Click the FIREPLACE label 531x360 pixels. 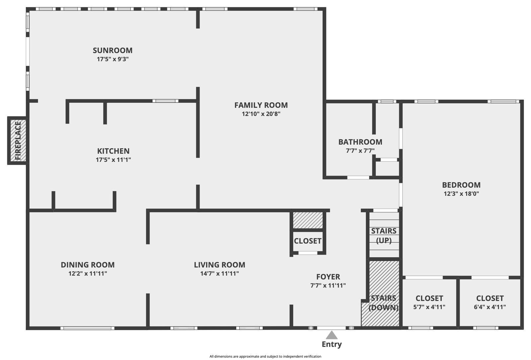pos(18,140)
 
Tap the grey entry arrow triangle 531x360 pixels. pos(331,335)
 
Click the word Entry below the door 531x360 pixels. pos(331,344)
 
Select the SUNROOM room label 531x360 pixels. pos(113,50)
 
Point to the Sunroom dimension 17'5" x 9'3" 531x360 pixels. pos(113,59)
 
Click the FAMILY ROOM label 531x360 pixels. pos(261,105)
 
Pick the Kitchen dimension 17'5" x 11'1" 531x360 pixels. pos(113,160)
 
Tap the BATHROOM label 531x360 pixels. pos(360,142)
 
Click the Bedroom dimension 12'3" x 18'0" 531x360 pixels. pos(461,194)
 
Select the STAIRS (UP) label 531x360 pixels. pos(384,235)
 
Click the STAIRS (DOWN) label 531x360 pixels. pos(383,303)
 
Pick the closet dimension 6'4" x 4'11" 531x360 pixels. pos(490,307)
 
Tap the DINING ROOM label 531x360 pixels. pos(88,265)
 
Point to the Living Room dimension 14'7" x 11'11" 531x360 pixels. pos(219,274)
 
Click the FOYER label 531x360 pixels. pos(328,277)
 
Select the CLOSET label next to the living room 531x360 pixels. pos(308,241)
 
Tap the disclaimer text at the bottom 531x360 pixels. pos(265,356)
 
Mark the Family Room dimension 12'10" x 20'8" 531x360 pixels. pos(261,114)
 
